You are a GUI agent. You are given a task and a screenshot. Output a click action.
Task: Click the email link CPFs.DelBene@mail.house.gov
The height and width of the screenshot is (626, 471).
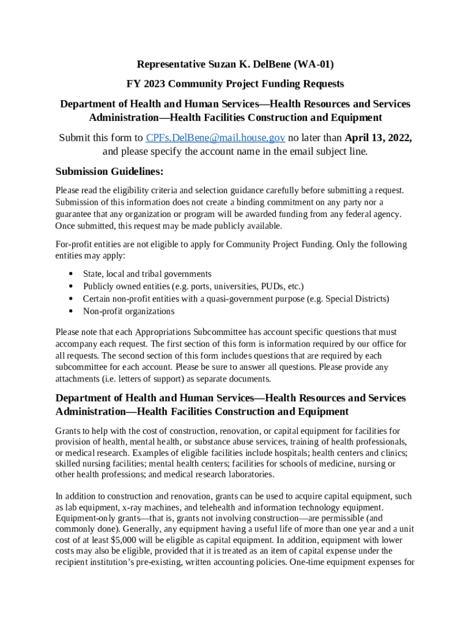pyautogui.click(x=215, y=138)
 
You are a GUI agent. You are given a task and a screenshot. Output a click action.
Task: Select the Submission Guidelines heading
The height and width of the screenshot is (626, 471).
pyautogui.click(x=109, y=171)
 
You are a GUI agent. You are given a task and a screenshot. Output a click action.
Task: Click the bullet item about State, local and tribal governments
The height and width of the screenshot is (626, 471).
pyautogui.click(x=147, y=274)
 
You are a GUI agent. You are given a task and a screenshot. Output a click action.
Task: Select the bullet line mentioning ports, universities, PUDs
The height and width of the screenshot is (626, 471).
pyautogui.click(x=193, y=286)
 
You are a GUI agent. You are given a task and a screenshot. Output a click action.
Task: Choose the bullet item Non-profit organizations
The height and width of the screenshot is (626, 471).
pyautogui.click(x=128, y=311)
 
